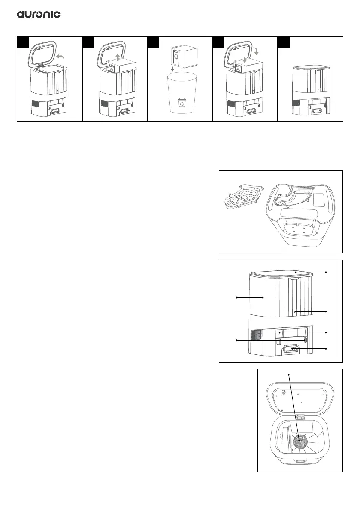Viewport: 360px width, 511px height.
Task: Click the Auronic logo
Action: coord(39,15)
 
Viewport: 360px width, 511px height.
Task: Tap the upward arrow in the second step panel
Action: coord(118,57)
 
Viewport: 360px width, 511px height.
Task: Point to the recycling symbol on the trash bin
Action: coord(183,103)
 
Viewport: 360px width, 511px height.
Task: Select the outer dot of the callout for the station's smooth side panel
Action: coord(236,297)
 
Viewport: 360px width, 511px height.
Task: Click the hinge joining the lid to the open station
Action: coord(301,416)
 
